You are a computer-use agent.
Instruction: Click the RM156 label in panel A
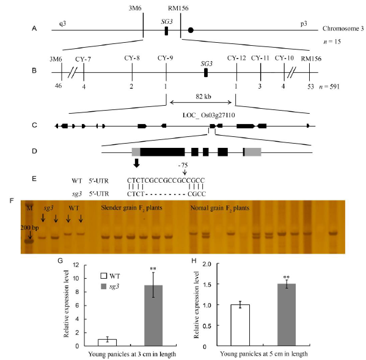tap(178, 9)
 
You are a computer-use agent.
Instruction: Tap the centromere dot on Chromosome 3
tap(191, 30)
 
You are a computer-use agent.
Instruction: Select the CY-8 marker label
tap(132, 58)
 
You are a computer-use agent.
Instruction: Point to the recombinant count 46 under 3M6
tap(59, 86)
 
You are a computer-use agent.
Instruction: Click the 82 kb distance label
tap(203, 97)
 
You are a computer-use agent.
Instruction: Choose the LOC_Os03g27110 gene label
tap(209, 115)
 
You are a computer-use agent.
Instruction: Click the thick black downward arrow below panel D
tap(136, 163)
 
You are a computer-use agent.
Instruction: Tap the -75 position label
tap(183, 165)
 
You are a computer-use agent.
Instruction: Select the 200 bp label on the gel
tap(29, 227)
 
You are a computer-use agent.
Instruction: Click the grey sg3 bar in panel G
tap(153, 315)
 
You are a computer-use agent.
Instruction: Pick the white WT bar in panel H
tap(240, 325)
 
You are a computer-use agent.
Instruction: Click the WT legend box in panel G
tap(104, 276)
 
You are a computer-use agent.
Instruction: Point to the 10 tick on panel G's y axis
tap(76, 278)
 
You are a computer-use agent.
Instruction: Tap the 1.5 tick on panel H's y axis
tap(208, 284)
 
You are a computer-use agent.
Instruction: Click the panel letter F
tap(12, 200)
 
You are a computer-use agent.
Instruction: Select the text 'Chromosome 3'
tap(343, 29)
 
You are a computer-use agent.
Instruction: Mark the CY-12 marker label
tap(236, 58)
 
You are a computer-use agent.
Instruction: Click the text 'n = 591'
tap(329, 87)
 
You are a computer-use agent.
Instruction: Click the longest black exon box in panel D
tap(163, 152)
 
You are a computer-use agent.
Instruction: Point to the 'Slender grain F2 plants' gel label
tap(131, 208)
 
